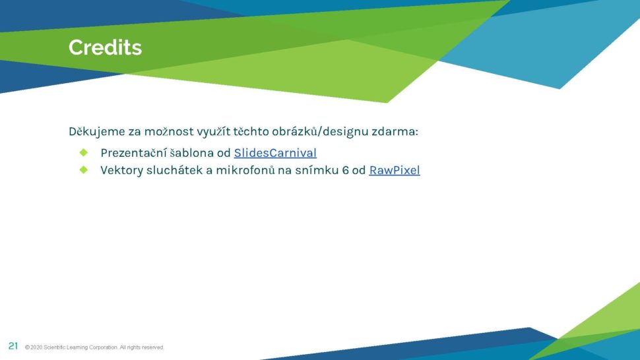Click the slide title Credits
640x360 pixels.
point(106,47)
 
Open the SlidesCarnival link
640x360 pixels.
point(275,153)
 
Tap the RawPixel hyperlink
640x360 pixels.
point(395,170)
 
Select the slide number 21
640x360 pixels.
point(13,346)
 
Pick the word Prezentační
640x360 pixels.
point(133,153)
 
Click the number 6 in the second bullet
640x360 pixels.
point(345,170)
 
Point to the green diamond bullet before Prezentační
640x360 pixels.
point(84,152)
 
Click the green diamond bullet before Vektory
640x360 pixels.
point(84,169)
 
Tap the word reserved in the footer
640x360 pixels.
point(152,347)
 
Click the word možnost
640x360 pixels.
point(169,131)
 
